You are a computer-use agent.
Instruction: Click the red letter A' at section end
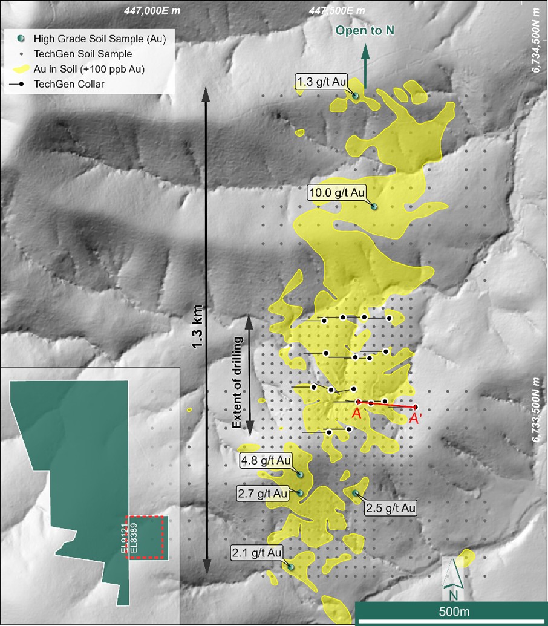tap(416, 418)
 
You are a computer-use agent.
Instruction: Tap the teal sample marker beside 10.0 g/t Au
tap(374, 207)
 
